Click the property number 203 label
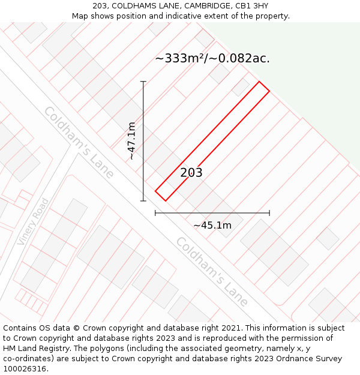coord(191,173)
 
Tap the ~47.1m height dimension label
coord(131,141)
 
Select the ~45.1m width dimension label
coord(212,226)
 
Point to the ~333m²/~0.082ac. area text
coord(212,58)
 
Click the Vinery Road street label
coord(32,221)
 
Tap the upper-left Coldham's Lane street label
coord(79,142)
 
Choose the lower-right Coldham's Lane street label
coord(212,271)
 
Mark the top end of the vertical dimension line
coord(143,81)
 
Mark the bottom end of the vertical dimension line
coord(143,201)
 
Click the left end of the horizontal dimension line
coord(155,212)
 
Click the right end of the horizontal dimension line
coord(269,212)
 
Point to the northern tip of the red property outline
coord(259,82)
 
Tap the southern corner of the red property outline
coord(165,201)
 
